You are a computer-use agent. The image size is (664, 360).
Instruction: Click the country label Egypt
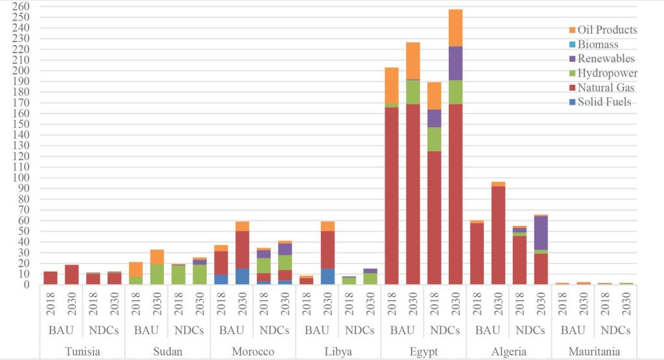pyautogui.click(x=423, y=352)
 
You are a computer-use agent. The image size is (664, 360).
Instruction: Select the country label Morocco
pyautogui.click(x=253, y=352)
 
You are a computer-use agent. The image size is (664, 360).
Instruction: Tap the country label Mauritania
pyautogui.click(x=595, y=352)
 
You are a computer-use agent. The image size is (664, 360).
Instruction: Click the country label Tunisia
pyautogui.click(x=82, y=352)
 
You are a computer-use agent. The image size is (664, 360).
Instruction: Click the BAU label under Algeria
pyautogui.click(x=488, y=330)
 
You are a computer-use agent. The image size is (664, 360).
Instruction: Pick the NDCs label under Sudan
pyautogui.click(x=189, y=330)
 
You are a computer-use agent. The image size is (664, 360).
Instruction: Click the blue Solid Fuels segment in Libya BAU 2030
pyautogui.click(x=327, y=276)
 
